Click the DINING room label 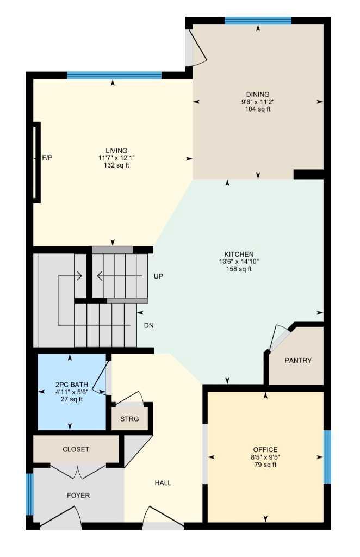[x=257, y=94]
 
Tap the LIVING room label [x=116, y=151]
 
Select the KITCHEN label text [x=239, y=255]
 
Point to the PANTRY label [x=298, y=361]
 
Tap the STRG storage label [x=129, y=419]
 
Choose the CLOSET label [x=76, y=449]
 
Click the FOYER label [x=78, y=496]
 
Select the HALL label [x=163, y=483]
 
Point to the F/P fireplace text [x=47, y=158]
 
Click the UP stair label [x=158, y=276]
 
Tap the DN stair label [x=148, y=325]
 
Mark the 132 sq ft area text [x=116, y=165]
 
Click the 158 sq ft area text [x=239, y=269]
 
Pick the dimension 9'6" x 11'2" [x=257, y=102]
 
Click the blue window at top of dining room [x=258, y=21]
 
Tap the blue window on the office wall [x=327, y=457]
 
